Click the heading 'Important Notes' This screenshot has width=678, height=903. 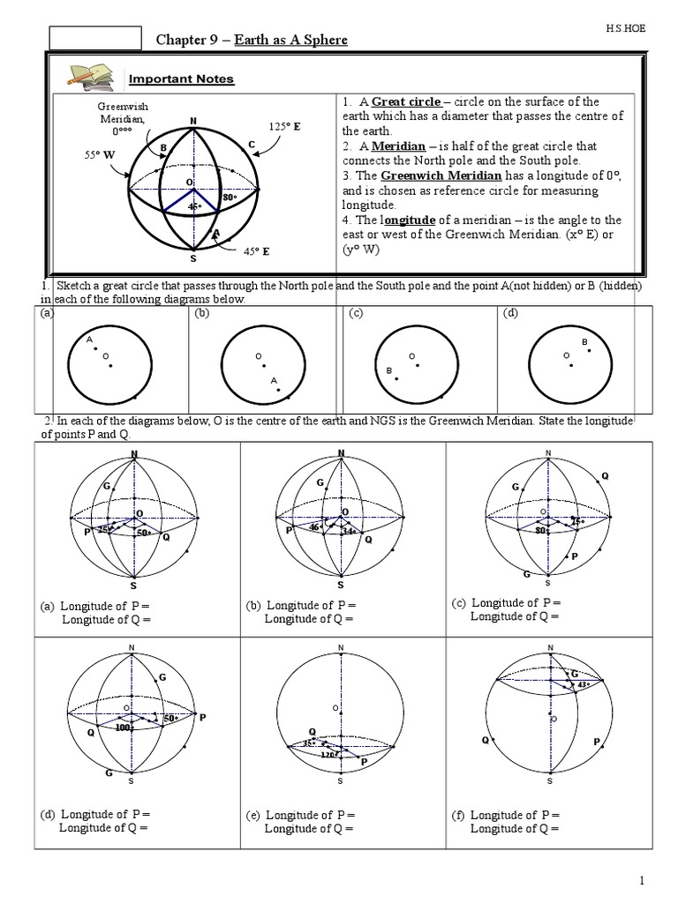coord(181,79)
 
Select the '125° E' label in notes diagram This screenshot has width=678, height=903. coord(284,127)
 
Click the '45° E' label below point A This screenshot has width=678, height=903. coord(256,250)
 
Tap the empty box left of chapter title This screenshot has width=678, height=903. coord(94,38)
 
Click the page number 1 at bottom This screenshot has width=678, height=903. coord(643,881)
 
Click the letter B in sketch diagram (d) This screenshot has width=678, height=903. coord(584,341)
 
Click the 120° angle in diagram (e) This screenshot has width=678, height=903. coord(328,755)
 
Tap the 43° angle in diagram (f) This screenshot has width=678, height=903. coord(582,684)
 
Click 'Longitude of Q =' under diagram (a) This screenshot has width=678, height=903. coord(106,619)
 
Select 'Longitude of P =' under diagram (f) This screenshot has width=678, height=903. coord(514,815)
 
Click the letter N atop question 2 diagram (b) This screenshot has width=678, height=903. coord(341,453)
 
